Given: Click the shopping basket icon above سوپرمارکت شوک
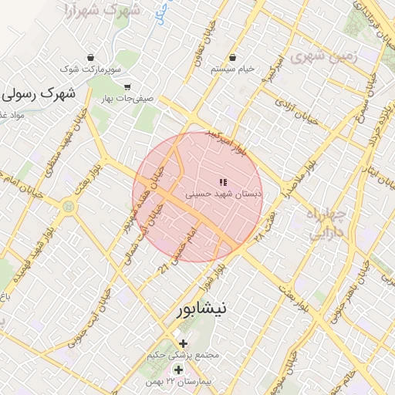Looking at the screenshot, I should (x=92, y=57).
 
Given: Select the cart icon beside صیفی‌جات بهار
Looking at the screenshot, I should (x=127, y=87).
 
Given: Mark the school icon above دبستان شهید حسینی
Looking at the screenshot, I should (x=222, y=183).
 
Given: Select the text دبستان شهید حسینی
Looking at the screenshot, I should (x=227, y=195).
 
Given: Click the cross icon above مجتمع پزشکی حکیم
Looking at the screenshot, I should (x=183, y=343).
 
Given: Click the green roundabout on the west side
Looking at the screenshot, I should (x=69, y=207).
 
